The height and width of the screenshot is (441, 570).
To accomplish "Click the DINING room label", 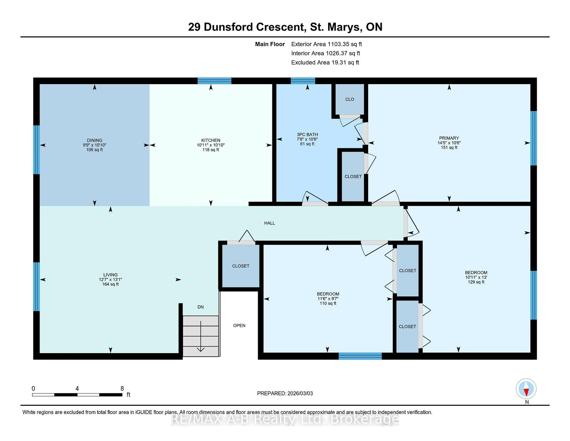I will [94, 140].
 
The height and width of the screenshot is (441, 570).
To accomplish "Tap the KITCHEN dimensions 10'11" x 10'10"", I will [211, 145].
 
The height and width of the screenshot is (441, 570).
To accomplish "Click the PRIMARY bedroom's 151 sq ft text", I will [449, 148].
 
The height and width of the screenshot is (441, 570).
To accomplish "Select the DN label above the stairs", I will [200, 307].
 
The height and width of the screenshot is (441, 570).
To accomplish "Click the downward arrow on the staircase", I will [200, 337].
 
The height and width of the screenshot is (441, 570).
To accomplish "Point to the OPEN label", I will [239, 326].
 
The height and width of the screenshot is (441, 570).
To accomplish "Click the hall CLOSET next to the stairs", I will [241, 266].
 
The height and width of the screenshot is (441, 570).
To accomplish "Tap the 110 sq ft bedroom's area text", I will [328, 303].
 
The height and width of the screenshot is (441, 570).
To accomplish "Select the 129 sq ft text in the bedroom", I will [476, 282].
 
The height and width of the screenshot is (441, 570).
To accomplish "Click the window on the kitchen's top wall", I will [214, 81].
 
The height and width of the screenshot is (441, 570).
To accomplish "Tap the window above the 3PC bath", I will [303, 81].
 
